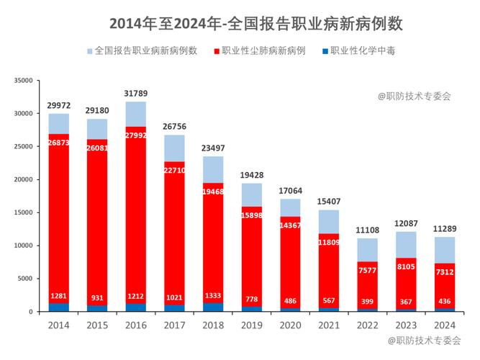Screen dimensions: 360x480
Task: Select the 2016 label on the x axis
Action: [x=136, y=325]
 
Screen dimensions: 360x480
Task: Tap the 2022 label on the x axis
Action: [x=368, y=325]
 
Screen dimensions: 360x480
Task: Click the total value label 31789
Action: [x=136, y=94]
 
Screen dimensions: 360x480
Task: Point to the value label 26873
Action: [x=59, y=143]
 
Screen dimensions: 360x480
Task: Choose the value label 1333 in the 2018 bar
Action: [x=214, y=296]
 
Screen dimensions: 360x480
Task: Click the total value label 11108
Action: [x=368, y=230]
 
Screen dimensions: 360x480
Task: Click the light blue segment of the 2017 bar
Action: [x=175, y=148]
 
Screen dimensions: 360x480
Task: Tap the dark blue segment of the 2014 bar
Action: [x=59, y=307]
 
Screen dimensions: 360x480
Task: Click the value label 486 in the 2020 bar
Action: [x=291, y=300]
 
